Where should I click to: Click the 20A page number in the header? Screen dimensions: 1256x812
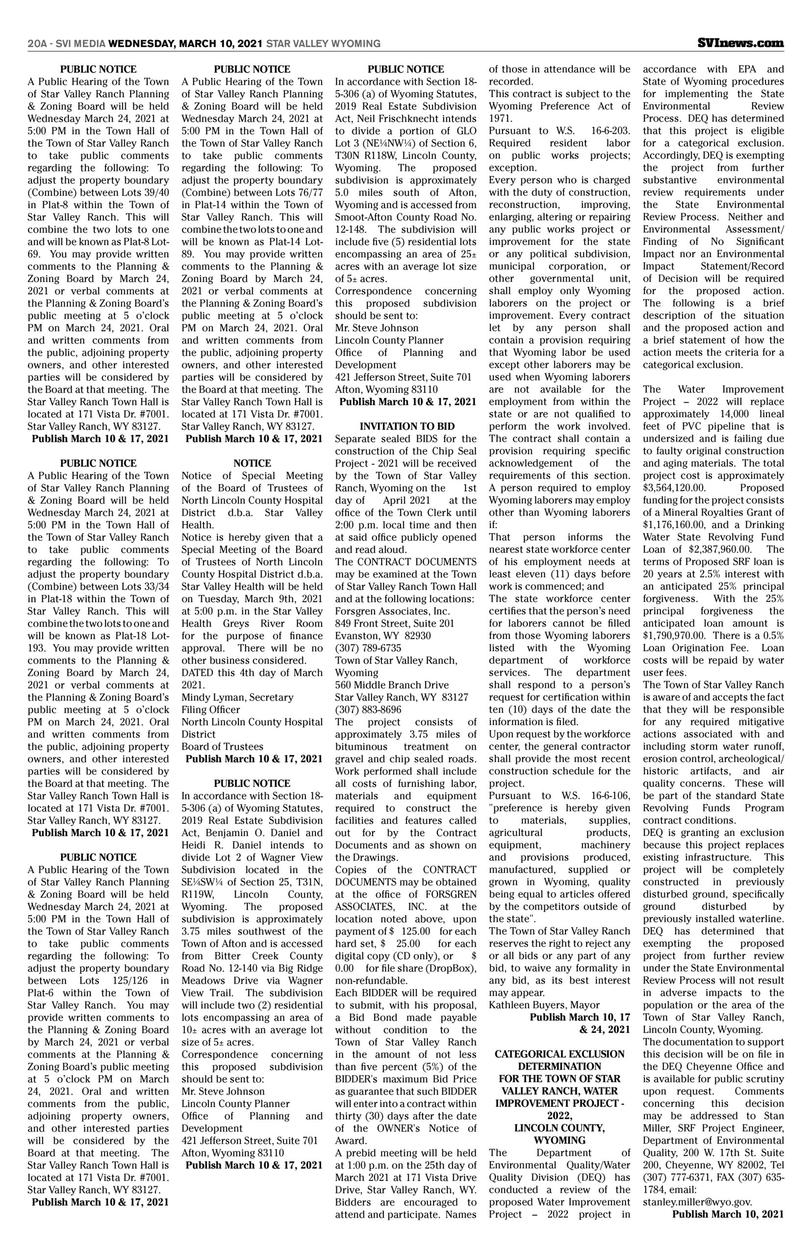35,44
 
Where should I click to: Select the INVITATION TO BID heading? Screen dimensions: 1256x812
406,426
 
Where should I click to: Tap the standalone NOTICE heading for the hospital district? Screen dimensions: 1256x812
252,463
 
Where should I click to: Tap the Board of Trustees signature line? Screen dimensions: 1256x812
222,746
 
